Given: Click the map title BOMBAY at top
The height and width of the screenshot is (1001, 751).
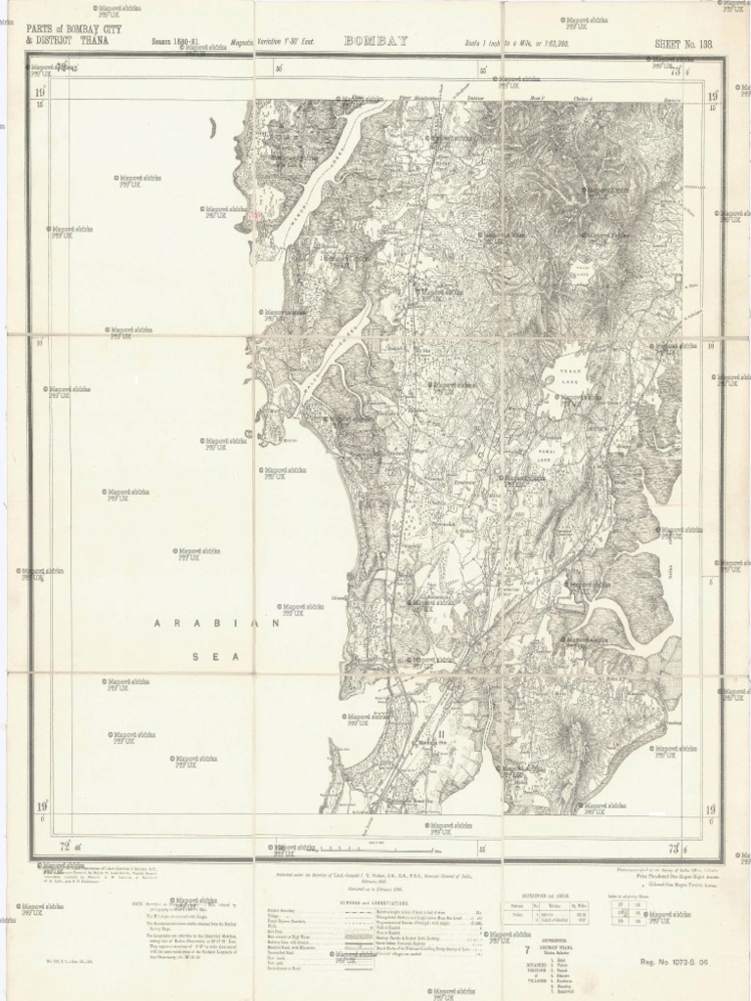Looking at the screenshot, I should click(x=375, y=41).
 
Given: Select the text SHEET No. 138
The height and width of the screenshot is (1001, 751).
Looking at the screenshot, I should click(x=685, y=44).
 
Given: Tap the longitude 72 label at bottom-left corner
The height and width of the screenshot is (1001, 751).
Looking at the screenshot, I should click(x=65, y=846).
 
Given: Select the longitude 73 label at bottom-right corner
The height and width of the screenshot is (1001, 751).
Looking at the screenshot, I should click(x=675, y=846).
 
